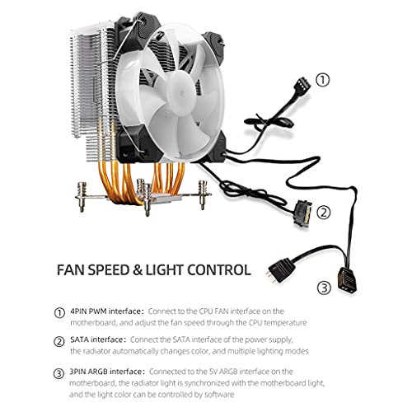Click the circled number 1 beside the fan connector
pyautogui.click(x=322, y=80)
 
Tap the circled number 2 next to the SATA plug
pyautogui.click(x=324, y=213)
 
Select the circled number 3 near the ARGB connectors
pyautogui.click(x=325, y=288)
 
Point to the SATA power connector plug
pyautogui.click(x=304, y=212)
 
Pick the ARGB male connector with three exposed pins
pyautogui.click(x=280, y=269)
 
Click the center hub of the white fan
pyautogui.click(x=181, y=93)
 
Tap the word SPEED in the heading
pyautogui.click(x=110, y=270)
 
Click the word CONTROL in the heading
pyautogui.click(x=219, y=270)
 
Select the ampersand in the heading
pyautogui.click(x=138, y=270)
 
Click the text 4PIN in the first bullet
pyautogui.click(x=78, y=311)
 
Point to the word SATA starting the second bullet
pyautogui.click(x=79, y=339)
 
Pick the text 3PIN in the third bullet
pyautogui.click(x=77, y=372)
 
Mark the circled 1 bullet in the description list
pyautogui.click(x=59, y=313)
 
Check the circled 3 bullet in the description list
pyautogui.click(x=59, y=373)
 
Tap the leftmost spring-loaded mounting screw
pyautogui.click(x=82, y=197)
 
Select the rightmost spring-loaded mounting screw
pyautogui.click(x=203, y=194)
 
